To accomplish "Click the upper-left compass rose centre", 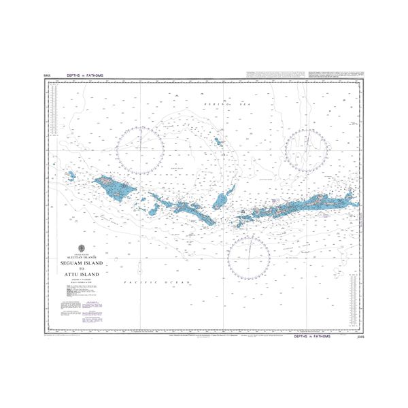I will pos(139,150).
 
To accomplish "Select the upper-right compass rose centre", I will pos(308,150).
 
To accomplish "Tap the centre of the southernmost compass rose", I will pos(249,258).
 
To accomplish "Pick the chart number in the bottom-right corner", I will pos(359,336).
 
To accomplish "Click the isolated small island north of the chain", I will pos(218,142).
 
